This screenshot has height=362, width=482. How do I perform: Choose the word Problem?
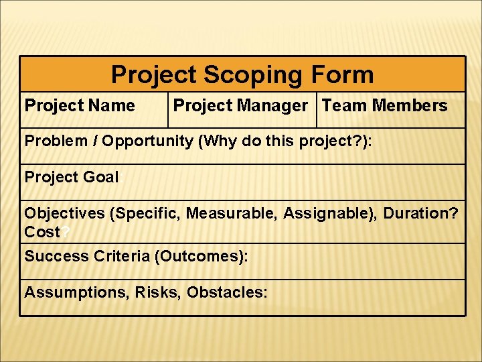(x=56, y=141)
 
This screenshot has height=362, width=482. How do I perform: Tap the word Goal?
(x=102, y=177)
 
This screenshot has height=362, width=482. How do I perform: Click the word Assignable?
(x=323, y=214)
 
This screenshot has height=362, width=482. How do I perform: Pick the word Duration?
(x=418, y=214)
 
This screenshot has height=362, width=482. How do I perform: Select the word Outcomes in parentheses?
(x=197, y=256)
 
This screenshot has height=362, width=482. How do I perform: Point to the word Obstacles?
(x=226, y=292)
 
